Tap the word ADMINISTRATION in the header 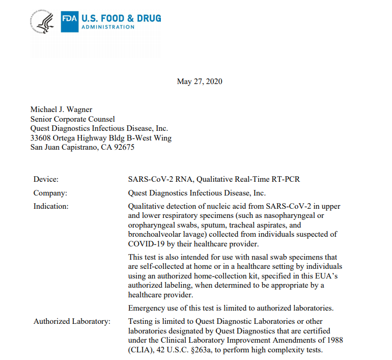point(109,27)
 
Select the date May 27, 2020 point(200,81)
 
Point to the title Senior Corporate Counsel point(73,119)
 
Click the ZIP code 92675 point(124,147)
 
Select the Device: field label point(46,179)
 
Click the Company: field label point(50,193)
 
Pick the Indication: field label point(51,206)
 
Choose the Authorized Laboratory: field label point(72,321)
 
